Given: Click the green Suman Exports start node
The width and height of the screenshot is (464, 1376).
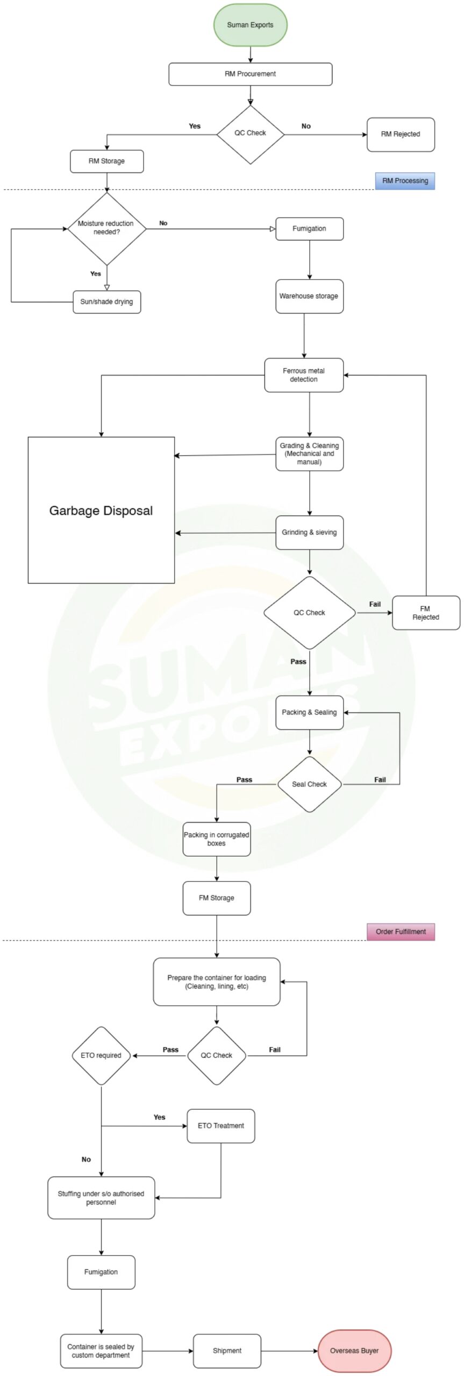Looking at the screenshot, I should [x=250, y=25].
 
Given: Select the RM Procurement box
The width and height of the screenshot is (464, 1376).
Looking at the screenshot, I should [x=250, y=74].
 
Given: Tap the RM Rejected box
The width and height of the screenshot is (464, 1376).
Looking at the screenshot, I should [x=401, y=134].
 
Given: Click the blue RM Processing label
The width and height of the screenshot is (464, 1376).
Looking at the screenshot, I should [x=405, y=181].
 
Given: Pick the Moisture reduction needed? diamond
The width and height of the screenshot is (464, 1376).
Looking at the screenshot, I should [x=106, y=228].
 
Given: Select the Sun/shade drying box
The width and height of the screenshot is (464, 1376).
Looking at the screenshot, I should [x=106, y=302].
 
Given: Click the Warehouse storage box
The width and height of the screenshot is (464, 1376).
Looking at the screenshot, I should [x=309, y=296].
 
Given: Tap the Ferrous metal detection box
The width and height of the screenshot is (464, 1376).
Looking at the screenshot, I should [x=304, y=375].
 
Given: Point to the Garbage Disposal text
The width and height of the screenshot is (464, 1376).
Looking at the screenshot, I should [x=101, y=511].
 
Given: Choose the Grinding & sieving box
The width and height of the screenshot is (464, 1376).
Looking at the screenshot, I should [x=309, y=533].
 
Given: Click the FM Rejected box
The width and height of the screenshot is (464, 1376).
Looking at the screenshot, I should [x=426, y=613].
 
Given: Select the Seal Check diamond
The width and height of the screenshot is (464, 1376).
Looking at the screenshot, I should [x=309, y=784].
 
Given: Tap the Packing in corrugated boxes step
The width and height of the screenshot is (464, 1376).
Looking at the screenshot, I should [x=216, y=839].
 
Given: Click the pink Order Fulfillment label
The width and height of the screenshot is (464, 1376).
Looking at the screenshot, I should [x=401, y=931].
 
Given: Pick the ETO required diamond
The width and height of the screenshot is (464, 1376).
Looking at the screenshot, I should [x=101, y=1055].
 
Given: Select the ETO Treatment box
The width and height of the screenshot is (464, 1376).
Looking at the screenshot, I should [x=220, y=1126].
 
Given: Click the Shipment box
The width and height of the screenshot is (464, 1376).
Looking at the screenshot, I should [x=227, y=1351].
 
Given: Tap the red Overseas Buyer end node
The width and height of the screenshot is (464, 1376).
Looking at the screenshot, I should [x=354, y=1351].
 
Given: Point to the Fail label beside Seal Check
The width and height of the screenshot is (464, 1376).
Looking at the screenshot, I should [x=380, y=779].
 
